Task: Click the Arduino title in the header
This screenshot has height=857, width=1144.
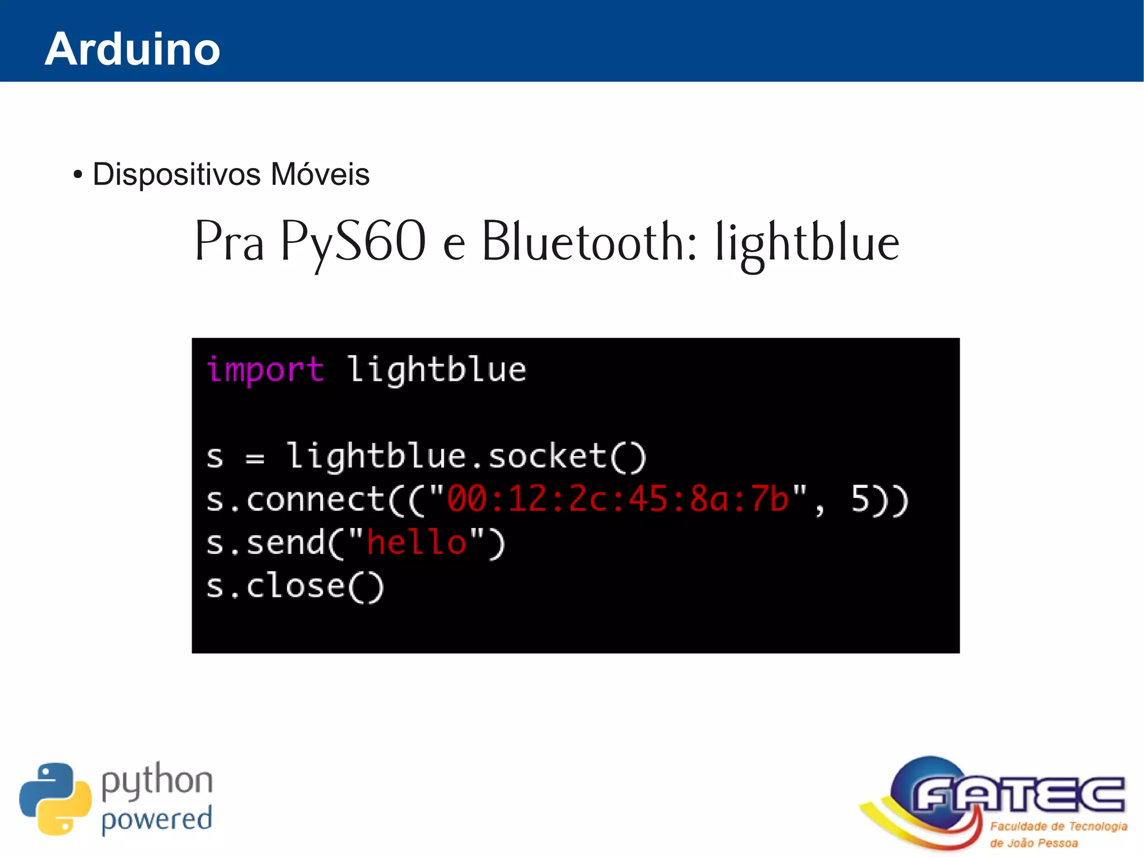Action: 132,49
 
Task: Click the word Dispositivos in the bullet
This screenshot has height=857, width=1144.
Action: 177,174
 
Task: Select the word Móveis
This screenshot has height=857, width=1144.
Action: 320,174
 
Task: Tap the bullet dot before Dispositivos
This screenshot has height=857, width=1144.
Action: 78,175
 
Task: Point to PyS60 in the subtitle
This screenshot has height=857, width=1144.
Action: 352,242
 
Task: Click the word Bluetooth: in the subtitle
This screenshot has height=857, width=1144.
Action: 589,242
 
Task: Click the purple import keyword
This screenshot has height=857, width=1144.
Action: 265,370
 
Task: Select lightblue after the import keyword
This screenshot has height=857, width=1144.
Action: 436,370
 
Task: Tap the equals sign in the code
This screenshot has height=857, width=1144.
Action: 255,458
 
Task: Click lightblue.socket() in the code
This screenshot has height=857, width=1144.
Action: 466,457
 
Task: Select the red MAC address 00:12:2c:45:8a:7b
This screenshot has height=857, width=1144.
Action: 617,499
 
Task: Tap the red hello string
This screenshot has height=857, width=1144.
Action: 417,542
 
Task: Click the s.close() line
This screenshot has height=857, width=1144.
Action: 295,586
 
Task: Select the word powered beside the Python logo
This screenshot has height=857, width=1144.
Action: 157,820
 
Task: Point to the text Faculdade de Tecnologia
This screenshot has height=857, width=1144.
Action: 1059,826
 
